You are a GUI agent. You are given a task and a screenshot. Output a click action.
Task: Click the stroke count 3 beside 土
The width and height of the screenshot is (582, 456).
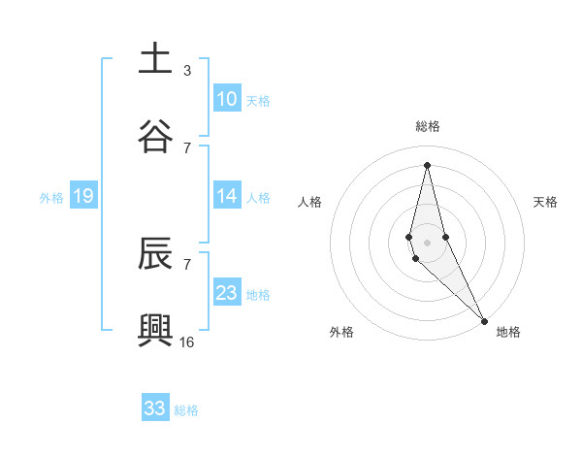[187, 70]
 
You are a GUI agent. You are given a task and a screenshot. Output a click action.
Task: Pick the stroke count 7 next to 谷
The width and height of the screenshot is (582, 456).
[187, 147]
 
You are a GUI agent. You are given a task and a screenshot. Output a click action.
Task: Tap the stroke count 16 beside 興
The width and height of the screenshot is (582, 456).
[187, 342]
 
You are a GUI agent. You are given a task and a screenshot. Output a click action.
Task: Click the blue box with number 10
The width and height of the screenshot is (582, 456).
[226, 99]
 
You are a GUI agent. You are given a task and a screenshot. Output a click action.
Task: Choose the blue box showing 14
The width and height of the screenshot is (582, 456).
[226, 196]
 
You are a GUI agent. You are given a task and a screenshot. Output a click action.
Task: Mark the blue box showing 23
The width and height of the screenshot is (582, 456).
[226, 293]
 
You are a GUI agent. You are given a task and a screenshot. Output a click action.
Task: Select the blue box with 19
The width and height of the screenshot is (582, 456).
[82, 196]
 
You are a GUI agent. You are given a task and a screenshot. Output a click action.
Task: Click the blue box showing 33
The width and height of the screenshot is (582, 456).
[155, 408]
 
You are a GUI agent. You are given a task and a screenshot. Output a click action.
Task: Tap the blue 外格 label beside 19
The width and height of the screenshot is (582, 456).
[51, 198]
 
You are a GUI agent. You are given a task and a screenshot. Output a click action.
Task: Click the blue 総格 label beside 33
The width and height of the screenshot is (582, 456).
[186, 410]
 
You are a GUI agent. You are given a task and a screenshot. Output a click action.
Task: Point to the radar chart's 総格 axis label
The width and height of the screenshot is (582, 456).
[428, 126]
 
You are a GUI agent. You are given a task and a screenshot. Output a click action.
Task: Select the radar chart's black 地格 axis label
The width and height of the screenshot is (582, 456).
[508, 332]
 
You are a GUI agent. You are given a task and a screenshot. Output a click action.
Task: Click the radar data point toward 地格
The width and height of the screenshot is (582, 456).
[483, 320]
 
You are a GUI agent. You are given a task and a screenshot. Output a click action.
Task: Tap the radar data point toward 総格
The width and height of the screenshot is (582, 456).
[427, 164]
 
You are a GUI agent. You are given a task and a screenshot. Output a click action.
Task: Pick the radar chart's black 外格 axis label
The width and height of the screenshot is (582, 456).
[341, 332]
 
